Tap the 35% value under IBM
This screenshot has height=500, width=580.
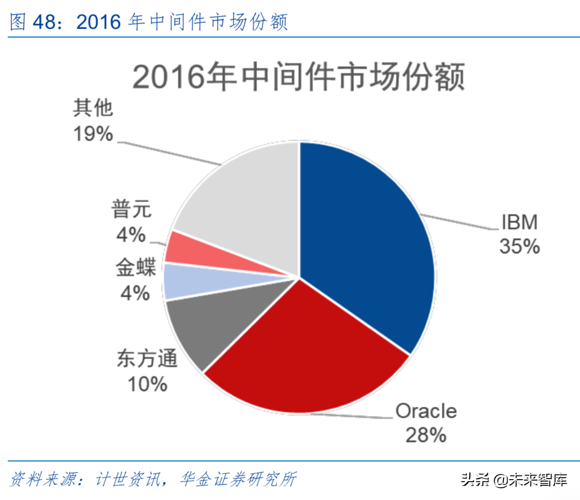[519, 247]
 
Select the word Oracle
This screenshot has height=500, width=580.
[426, 411]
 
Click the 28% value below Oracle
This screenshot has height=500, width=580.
[426, 435]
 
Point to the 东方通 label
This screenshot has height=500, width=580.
[147, 360]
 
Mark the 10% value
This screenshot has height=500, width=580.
[147, 384]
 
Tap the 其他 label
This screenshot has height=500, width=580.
[92, 109]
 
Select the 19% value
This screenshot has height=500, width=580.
[92, 134]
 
